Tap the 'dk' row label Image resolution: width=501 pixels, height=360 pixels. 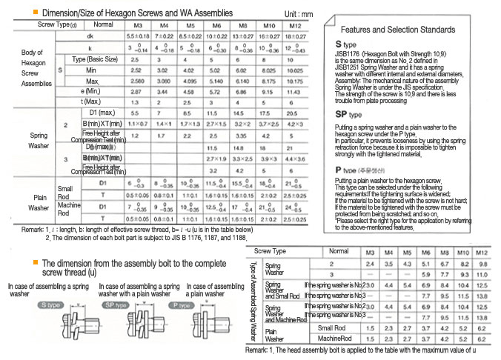(89, 36)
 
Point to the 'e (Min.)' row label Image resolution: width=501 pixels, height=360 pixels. (88, 90)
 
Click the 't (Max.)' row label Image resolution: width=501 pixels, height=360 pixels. (88, 101)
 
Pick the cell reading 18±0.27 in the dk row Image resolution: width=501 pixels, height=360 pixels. (295, 36)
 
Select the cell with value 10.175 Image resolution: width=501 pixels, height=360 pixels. (295, 79)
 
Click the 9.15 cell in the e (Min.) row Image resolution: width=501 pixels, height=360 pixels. (269, 90)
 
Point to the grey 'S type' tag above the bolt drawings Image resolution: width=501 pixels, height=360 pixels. (53, 304)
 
